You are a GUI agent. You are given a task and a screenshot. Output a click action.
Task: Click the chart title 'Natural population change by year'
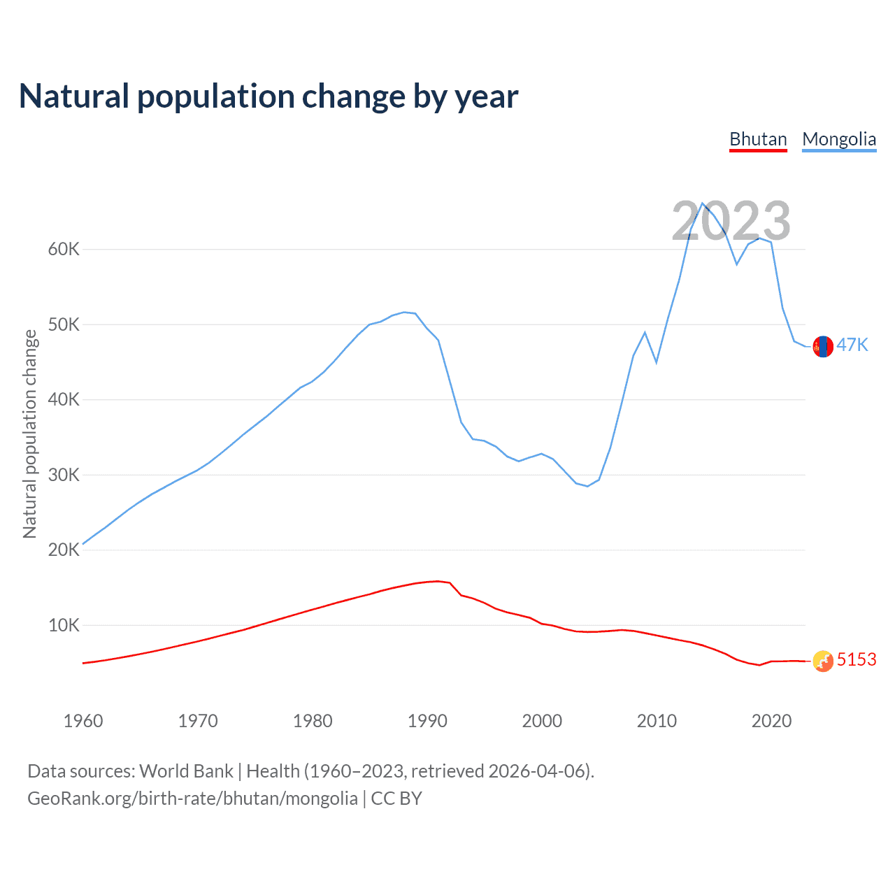point(268,96)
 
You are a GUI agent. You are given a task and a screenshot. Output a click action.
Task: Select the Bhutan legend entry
point(758,139)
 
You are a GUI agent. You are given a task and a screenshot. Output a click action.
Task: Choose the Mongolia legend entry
point(839,139)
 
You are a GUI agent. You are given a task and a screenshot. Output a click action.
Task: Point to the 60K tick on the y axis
point(64,250)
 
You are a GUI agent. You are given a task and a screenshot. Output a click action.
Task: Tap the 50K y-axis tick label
point(64,324)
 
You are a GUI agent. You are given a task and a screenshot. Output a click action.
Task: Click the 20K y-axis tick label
point(64,550)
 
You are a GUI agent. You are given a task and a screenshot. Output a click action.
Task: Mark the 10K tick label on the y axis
point(64,625)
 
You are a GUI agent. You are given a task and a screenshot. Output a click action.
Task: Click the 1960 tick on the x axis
point(83,721)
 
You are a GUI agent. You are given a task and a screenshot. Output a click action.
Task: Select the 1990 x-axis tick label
point(427,721)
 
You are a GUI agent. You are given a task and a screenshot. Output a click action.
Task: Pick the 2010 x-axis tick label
point(657,721)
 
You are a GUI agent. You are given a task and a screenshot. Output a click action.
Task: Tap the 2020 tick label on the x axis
point(771,721)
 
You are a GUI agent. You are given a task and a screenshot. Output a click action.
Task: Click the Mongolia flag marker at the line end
point(823,346)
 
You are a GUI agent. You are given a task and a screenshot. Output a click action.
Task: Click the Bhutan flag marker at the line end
point(823,661)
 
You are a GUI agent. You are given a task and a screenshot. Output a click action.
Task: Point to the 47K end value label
point(852,345)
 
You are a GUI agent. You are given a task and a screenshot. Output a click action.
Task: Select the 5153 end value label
point(857,659)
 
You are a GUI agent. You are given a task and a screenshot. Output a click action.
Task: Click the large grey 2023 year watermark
point(731,221)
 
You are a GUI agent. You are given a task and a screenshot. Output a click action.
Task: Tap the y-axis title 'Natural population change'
point(30,434)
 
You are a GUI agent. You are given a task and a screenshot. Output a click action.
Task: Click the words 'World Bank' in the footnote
point(186,771)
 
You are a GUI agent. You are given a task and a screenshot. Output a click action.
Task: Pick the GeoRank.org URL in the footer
point(192,799)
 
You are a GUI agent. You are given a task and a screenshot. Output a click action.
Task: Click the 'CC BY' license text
point(396,799)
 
